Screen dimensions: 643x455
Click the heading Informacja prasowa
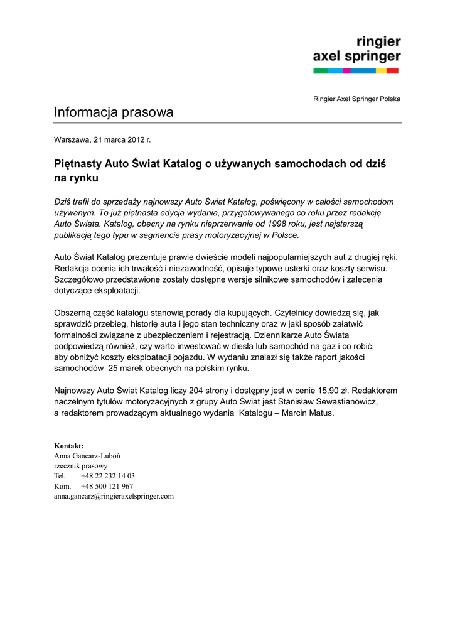click(x=114, y=112)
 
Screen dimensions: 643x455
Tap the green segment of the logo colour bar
click(x=320, y=71)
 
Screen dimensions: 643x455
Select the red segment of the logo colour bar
click(x=392, y=71)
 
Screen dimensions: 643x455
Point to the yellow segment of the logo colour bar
click(x=381, y=71)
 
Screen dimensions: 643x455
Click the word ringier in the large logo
click(x=378, y=42)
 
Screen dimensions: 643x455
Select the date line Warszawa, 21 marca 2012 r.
click(x=102, y=139)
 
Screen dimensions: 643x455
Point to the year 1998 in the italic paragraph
click(x=245, y=224)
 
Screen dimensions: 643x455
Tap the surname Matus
click(x=320, y=413)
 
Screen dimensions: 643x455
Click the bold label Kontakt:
click(x=69, y=445)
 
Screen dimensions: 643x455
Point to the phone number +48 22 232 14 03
click(x=108, y=476)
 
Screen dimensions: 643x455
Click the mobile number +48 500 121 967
click(x=107, y=486)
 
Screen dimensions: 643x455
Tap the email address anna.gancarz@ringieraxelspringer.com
click(x=114, y=496)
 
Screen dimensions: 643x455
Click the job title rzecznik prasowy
click(x=81, y=466)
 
